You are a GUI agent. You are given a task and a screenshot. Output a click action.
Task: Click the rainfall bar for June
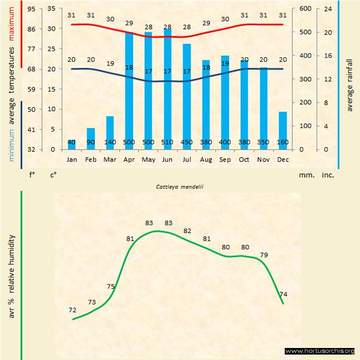(168, 87)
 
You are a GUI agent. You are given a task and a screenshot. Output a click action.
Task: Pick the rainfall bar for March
(110, 132)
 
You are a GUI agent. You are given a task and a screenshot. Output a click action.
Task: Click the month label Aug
(206, 159)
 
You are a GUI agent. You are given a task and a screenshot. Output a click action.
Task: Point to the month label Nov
(263, 159)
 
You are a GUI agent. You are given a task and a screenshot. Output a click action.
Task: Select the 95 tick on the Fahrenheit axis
(31, 9)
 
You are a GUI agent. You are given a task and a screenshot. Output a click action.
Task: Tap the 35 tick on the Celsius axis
(51, 9)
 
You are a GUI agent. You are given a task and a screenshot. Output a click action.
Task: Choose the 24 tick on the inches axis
(328, 9)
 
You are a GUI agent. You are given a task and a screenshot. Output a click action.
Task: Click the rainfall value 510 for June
(168, 142)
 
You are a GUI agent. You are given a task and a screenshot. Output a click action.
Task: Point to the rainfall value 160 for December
(283, 142)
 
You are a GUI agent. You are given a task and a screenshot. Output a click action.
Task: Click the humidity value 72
(72, 310)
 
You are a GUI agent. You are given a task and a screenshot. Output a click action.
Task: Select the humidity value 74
(283, 295)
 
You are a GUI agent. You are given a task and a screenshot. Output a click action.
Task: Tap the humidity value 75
(111, 286)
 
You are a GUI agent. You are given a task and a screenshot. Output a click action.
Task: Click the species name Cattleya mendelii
(176, 187)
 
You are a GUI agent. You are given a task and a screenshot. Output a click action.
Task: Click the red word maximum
(11, 21)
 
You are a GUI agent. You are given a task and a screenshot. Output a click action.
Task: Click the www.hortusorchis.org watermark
(320, 351)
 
